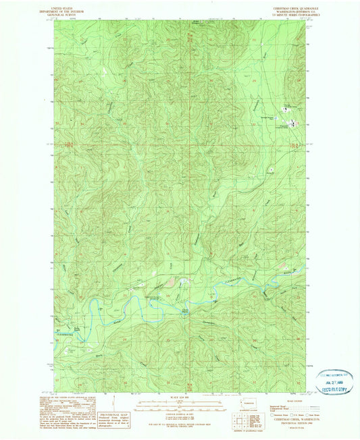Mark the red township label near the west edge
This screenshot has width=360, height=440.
pyautogui.click(x=67, y=144)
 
